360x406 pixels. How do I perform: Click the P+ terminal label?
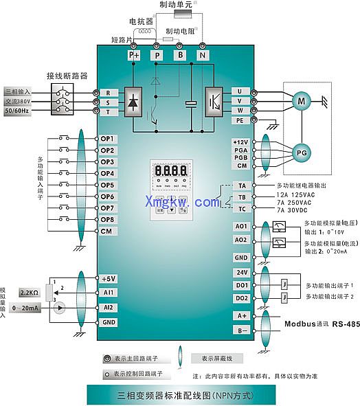pos(134,54)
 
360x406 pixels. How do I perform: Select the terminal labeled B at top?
pos(180,54)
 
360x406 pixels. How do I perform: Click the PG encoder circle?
pos(300,153)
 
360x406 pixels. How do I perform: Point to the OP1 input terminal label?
pos(107,139)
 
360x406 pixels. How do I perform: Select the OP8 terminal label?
pos(107,219)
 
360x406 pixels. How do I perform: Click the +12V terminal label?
pos(240,142)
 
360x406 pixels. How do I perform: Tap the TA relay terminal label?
pos(242,185)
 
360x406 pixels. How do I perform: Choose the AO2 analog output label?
pos(241,240)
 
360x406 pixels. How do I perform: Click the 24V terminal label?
pos(241,272)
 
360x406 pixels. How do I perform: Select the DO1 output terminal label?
pos(241,285)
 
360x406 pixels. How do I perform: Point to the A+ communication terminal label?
pos(241,315)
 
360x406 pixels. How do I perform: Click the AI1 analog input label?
pos(109,292)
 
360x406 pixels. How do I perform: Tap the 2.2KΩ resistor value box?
pos(29,293)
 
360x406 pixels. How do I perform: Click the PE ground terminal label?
pos(240,120)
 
